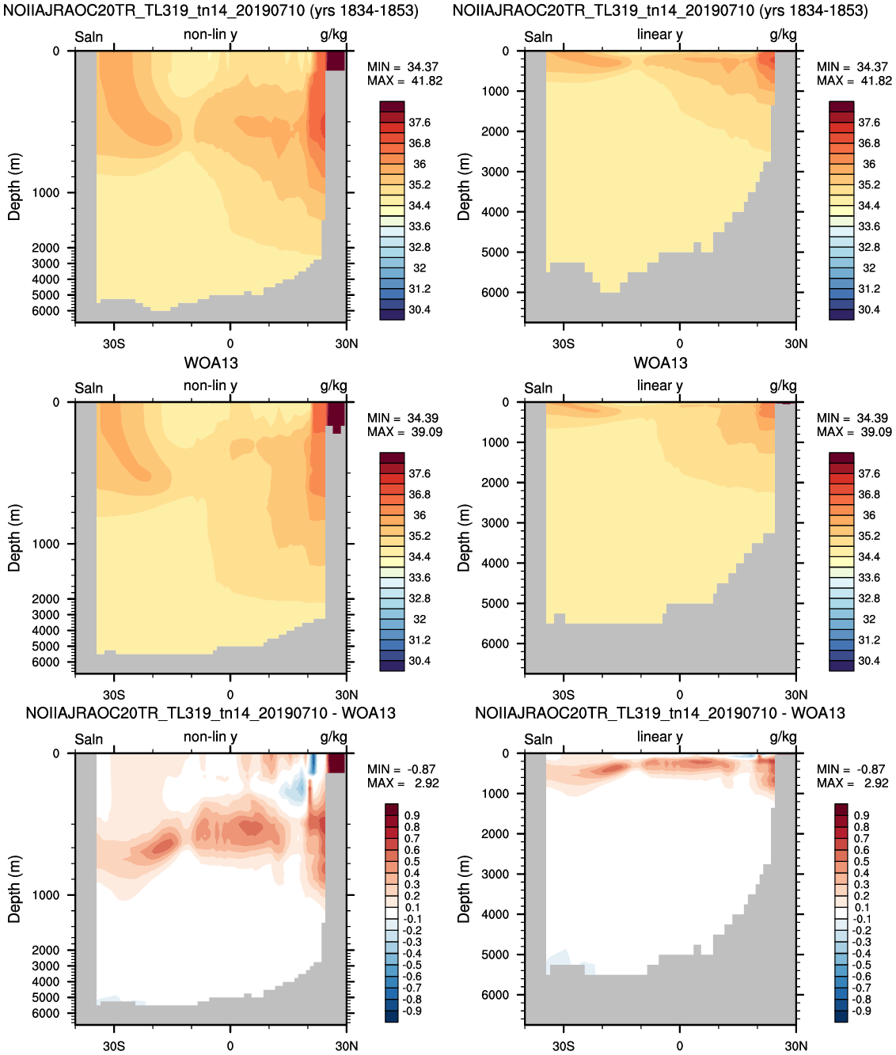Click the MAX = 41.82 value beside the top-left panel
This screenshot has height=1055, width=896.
point(404,81)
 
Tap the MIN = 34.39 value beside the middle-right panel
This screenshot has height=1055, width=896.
point(852,418)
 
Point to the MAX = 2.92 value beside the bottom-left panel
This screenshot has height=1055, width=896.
point(403,783)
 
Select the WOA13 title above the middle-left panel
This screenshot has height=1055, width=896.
point(211,363)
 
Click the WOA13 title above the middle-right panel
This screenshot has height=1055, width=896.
point(661,363)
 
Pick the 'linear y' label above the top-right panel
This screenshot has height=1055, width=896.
point(659,34)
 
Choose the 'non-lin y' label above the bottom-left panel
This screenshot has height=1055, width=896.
point(211,737)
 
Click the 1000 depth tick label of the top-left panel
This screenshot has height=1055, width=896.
point(46,193)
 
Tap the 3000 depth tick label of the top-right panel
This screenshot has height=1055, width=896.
point(495,172)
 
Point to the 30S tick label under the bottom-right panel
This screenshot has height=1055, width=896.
point(563,1046)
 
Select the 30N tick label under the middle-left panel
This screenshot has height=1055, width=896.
point(347,695)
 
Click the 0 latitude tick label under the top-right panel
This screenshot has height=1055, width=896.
point(680,343)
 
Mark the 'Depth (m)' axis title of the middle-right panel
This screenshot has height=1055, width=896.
point(464,538)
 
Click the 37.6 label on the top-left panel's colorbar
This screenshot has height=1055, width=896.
point(420,123)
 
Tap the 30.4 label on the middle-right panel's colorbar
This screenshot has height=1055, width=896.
point(869,661)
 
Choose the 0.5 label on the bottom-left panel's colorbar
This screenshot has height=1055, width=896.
point(412,862)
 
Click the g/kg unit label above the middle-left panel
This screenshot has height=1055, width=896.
point(333,386)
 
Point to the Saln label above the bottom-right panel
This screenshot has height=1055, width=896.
point(538,739)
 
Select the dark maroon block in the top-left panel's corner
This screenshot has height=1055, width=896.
point(336,61)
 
